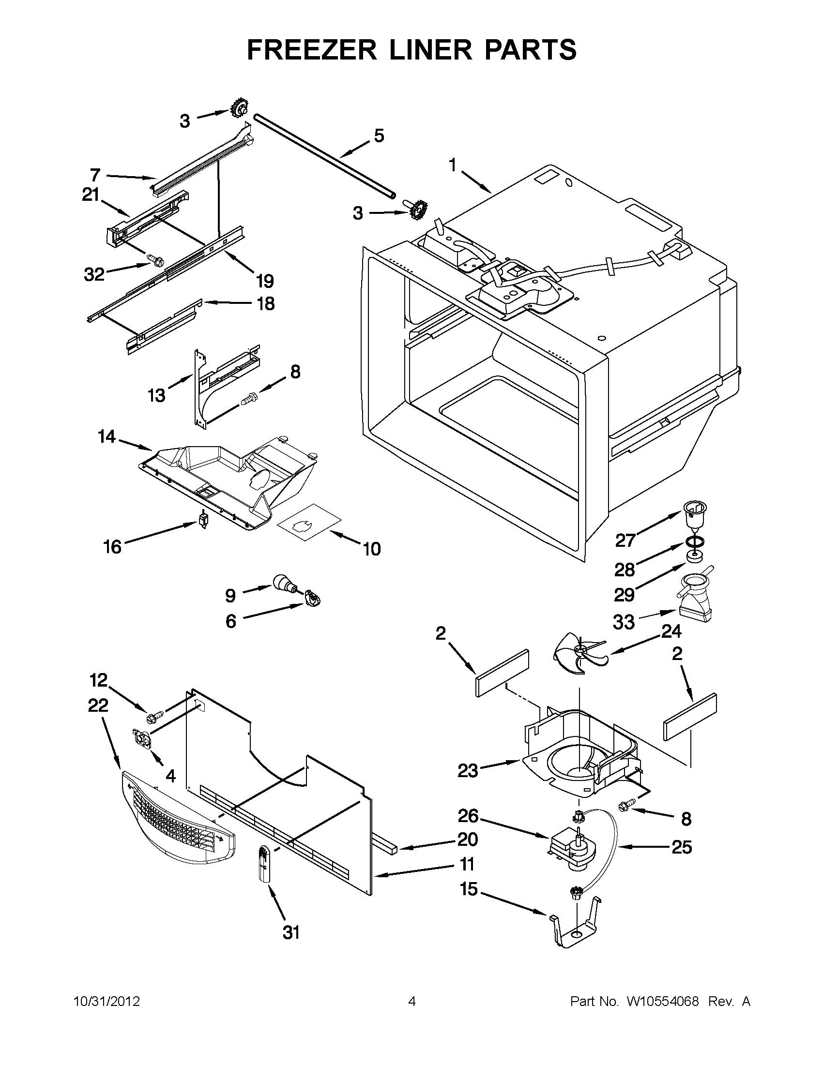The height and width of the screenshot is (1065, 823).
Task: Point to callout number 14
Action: [107, 436]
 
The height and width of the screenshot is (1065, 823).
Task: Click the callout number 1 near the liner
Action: [453, 166]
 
